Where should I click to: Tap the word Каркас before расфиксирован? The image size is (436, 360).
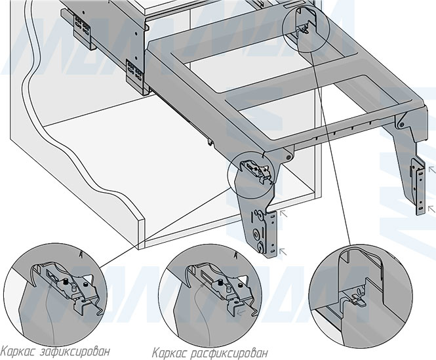coord(172,351)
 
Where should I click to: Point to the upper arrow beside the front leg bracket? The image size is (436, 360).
coord(283,212)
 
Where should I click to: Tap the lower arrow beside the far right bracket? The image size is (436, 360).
coord(430,208)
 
